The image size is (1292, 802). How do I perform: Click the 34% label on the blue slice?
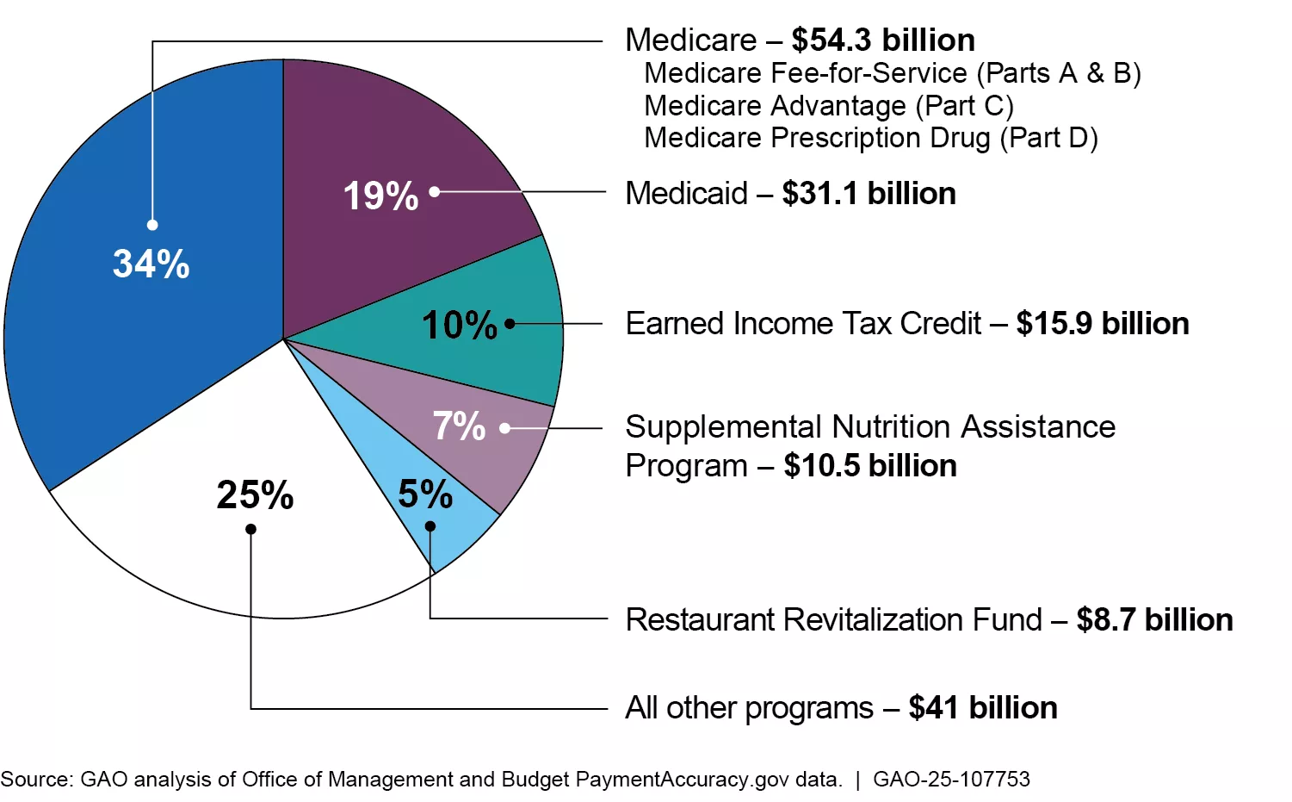(x=151, y=264)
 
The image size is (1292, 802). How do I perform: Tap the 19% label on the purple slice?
(x=380, y=196)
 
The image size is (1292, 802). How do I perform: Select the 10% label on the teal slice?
(x=460, y=325)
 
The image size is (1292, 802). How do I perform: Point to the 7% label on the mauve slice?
(x=459, y=426)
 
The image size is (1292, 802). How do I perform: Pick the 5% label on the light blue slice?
(x=425, y=494)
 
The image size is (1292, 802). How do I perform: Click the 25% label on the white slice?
(x=255, y=494)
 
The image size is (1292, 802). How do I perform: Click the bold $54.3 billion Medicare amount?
(x=883, y=40)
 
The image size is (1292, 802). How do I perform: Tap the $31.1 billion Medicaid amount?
(x=869, y=193)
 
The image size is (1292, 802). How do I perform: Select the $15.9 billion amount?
(x=1102, y=323)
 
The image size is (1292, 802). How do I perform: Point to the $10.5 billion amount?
(x=870, y=465)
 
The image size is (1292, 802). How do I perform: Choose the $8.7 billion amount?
(x=1154, y=619)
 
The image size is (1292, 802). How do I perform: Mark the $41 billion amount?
(x=982, y=707)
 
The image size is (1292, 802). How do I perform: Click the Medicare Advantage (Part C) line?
(x=829, y=105)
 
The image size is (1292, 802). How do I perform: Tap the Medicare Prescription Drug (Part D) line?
(x=870, y=137)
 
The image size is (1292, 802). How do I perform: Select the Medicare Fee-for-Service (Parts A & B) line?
(x=892, y=73)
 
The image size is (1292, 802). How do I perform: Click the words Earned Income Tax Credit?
(x=803, y=323)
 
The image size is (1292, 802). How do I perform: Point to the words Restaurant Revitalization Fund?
(x=833, y=619)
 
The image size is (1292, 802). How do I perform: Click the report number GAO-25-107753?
(x=951, y=779)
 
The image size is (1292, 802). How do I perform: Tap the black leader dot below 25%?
(x=250, y=529)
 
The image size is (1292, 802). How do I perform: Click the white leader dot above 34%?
(x=152, y=225)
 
